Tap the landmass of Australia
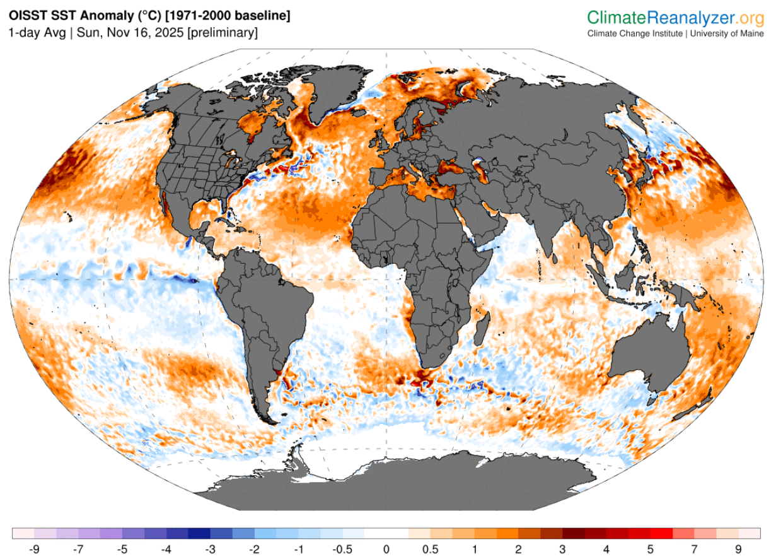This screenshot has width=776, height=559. pos(649,353)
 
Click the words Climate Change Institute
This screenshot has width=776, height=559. pos(634,33)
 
